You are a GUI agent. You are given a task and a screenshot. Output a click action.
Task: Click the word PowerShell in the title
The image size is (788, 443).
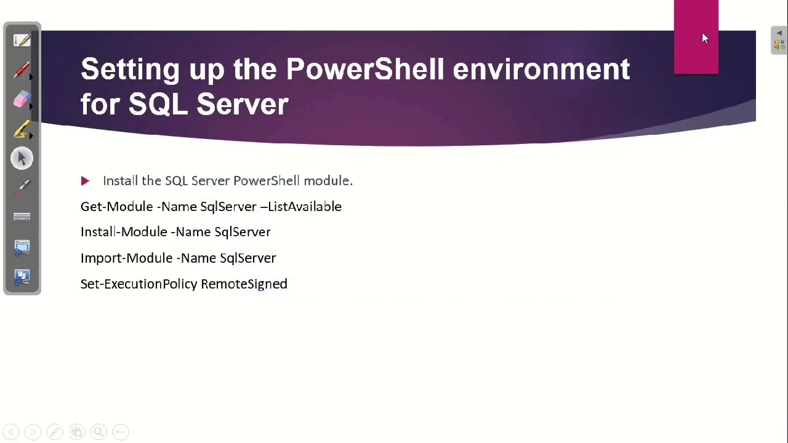[x=364, y=70]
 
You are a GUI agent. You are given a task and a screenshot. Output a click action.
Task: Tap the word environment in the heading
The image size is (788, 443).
[x=541, y=70]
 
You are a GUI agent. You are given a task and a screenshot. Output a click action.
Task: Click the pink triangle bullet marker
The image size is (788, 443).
[x=85, y=181]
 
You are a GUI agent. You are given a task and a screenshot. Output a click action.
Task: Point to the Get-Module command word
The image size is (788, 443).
[x=116, y=207]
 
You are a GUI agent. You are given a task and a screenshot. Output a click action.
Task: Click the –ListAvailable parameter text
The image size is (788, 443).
[x=300, y=207]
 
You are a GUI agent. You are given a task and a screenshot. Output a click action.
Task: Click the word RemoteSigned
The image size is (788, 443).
[x=244, y=284]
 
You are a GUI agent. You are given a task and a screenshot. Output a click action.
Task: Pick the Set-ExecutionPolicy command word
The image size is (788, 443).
[x=139, y=284]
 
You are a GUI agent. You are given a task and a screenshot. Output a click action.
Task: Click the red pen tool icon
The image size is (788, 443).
[x=22, y=70]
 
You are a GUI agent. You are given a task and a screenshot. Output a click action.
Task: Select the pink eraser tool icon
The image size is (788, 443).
[x=22, y=100]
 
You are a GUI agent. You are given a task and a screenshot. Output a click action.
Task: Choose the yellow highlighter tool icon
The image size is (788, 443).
[x=22, y=129]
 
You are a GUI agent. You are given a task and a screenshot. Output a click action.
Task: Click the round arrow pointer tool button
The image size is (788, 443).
[x=22, y=159]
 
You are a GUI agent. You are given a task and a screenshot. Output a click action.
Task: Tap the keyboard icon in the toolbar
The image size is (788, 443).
[x=22, y=217]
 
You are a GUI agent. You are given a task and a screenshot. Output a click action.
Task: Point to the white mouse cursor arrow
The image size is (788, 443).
[x=704, y=38]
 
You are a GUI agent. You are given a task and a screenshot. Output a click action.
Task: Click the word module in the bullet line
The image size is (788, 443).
[x=326, y=181]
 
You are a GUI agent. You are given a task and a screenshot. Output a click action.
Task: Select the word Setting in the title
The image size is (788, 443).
[x=130, y=70]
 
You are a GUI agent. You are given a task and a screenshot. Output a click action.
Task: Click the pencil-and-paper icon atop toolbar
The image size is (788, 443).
[x=22, y=41]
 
